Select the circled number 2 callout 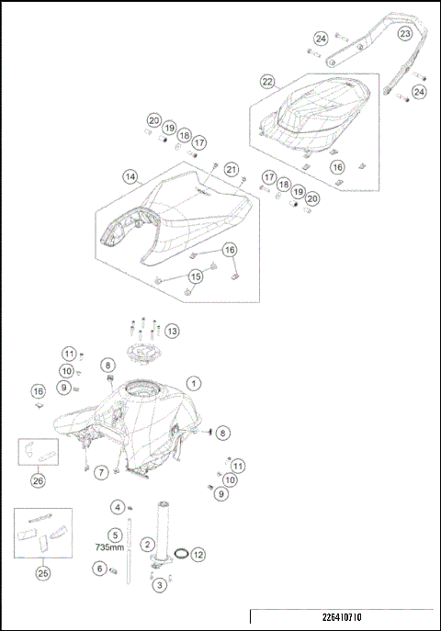tap(146, 545)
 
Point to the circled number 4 tap(117, 506)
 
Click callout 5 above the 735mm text tap(115, 534)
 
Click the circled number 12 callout tap(198, 555)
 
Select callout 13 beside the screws tap(172, 331)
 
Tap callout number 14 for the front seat tap(130, 175)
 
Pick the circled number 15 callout tap(196, 276)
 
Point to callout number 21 tap(232, 169)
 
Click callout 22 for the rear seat tap(267, 82)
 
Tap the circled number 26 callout tap(38, 479)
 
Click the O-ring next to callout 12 tap(182, 555)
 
